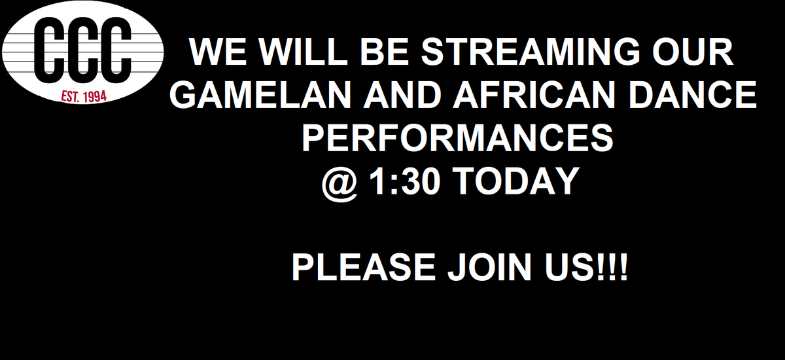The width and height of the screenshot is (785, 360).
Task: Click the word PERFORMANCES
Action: [457, 139]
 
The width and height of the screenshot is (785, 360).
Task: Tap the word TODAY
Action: [517, 181]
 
